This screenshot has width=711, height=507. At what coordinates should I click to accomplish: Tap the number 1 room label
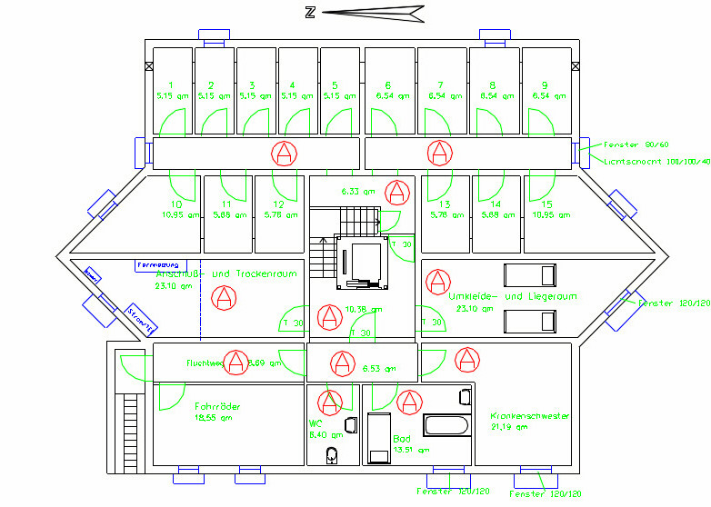click(169, 84)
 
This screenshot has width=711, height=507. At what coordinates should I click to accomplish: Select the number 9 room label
click(544, 84)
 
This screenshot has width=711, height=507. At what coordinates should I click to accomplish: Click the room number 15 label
click(546, 204)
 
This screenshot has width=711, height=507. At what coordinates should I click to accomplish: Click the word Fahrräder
click(217, 407)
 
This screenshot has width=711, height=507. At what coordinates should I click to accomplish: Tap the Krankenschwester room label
click(529, 415)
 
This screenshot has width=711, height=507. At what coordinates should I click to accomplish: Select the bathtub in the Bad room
click(446, 425)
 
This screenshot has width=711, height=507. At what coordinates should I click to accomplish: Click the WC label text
click(315, 423)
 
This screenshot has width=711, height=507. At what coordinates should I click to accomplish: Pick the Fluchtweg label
click(205, 363)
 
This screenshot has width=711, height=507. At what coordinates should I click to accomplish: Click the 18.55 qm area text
click(213, 419)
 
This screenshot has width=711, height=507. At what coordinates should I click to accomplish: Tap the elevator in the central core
click(363, 261)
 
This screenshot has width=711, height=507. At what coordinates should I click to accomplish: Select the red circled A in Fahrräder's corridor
click(236, 362)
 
